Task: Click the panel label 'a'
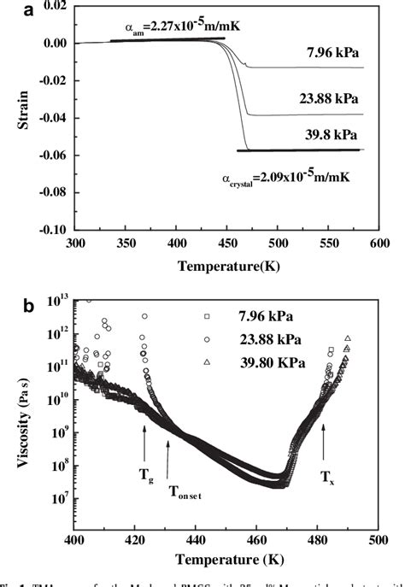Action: click(9, 9)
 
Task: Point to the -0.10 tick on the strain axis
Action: click(53, 230)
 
